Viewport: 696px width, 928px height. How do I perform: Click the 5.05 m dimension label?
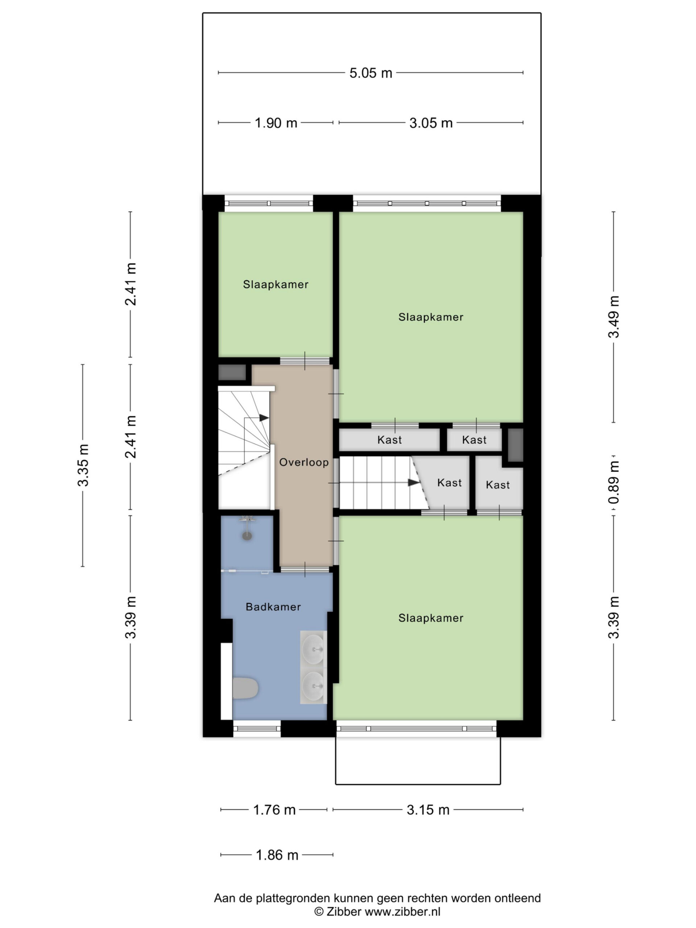pyautogui.click(x=370, y=73)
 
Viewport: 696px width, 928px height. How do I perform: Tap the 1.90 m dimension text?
pyautogui.click(x=275, y=123)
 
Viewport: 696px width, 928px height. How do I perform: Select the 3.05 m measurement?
pyautogui.click(x=431, y=123)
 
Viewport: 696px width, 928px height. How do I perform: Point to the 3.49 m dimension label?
pyautogui.click(x=614, y=317)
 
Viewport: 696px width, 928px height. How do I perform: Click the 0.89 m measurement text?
pyautogui.click(x=614, y=482)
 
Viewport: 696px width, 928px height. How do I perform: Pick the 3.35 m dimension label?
pyautogui.click(x=83, y=465)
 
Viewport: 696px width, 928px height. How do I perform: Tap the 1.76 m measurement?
pyautogui.click(x=274, y=810)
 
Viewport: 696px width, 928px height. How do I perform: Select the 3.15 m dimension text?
pyautogui.click(x=428, y=810)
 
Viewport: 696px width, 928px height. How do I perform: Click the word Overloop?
pyautogui.click(x=304, y=462)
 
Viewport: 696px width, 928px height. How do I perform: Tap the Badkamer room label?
pyautogui.click(x=273, y=606)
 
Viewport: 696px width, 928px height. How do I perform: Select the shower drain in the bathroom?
pyautogui.click(x=247, y=536)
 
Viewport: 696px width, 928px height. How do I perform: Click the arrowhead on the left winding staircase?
pyautogui.click(x=264, y=418)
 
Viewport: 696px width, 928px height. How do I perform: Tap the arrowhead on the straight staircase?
pyautogui.click(x=414, y=482)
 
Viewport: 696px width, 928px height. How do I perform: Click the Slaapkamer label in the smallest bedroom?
pyautogui.click(x=275, y=285)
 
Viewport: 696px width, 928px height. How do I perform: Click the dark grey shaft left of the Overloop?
pyautogui.click(x=232, y=373)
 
